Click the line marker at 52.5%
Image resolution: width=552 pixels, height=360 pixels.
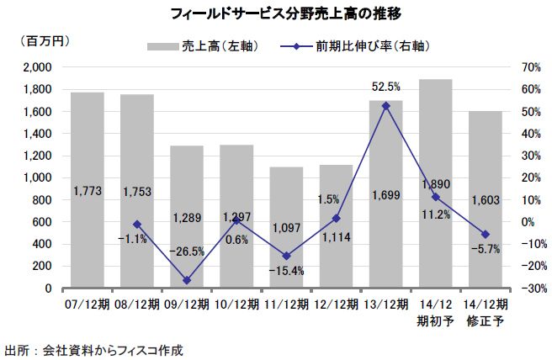pos(385,106)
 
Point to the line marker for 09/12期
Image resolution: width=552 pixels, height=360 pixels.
pos(187,280)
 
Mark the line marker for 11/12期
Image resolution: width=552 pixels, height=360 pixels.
pos(286,256)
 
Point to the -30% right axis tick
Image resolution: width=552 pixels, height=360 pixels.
pos(530,289)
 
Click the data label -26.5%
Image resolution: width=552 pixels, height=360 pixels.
pos(187,251)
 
